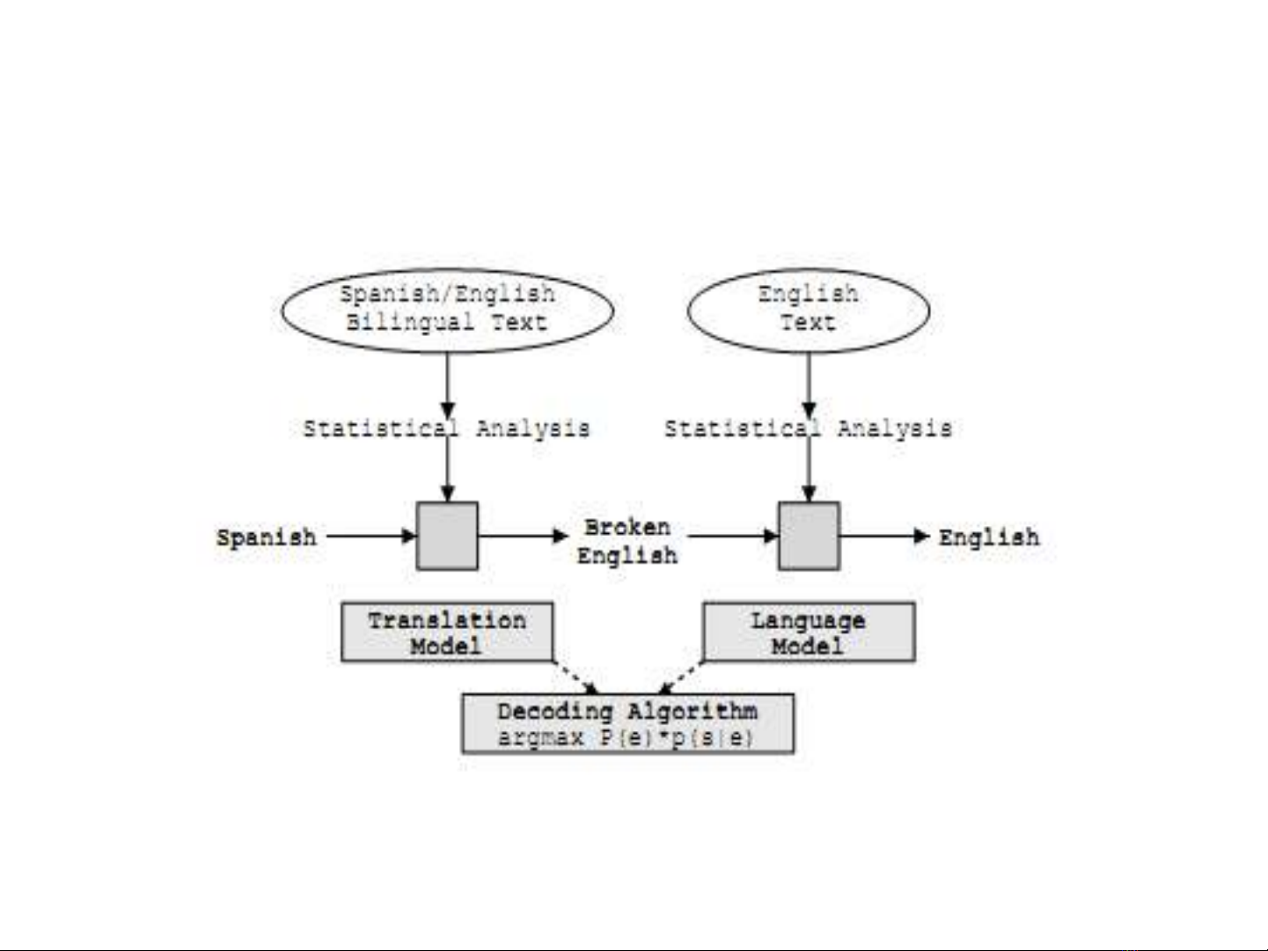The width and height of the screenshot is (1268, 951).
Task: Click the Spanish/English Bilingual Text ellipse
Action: click(447, 311)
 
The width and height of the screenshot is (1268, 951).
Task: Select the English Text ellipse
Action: click(808, 311)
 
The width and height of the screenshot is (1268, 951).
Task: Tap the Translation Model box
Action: click(447, 633)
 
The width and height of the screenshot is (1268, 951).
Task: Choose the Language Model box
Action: click(808, 633)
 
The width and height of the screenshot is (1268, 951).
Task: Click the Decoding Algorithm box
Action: click(627, 723)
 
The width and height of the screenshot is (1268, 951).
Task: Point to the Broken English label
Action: click(627, 541)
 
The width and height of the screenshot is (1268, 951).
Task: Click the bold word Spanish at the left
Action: click(267, 537)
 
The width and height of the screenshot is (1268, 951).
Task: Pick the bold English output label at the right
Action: click(988, 537)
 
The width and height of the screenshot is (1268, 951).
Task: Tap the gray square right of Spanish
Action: click(447, 536)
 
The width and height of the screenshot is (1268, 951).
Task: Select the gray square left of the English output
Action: click(809, 536)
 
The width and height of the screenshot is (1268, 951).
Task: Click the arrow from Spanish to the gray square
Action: click(370, 536)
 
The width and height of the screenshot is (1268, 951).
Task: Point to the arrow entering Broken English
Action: click(523, 536)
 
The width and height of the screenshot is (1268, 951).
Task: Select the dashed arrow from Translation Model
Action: click(576, 677)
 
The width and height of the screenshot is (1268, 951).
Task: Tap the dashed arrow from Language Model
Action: click(682, 677)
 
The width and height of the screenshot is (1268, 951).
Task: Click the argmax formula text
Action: click(626, 737)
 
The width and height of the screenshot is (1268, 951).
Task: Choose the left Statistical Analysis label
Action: click(446, 428)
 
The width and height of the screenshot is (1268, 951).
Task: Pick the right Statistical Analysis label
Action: click(808, 428)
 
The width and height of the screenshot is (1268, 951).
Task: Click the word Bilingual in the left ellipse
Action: click(410, 322)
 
